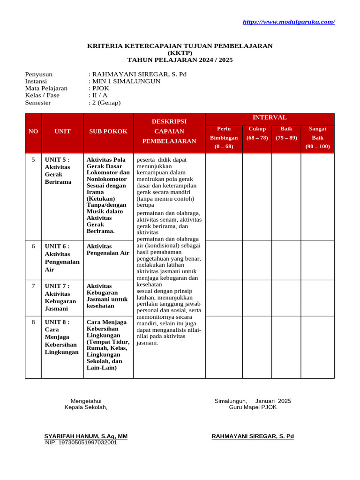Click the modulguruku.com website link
[x=289, y=22]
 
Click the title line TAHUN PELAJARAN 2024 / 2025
[x=180, y=60]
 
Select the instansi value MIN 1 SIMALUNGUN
[x=126, y=81]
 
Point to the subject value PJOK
[x=99, y=88]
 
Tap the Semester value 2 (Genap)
[x=105, y=103]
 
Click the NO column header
[x=33, y=132]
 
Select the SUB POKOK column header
[x=108, y=132]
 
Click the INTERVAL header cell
[x=270, y=118]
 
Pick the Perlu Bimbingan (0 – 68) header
[x=224, y=138]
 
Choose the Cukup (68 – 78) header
[x=257, y=133]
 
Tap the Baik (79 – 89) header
[x=286, y=133]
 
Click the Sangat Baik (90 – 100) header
[x=317, y=138]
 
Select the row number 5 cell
[x=33, y=160]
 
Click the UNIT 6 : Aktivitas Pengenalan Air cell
[x=62, y=258]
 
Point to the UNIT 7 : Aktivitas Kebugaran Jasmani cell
[x=62, y=297]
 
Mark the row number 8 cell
[x=33, y=322]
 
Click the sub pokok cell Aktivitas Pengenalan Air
[x=108, y=249]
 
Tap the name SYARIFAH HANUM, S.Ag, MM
[x=86, y=436]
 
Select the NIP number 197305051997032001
[x=81, y=442]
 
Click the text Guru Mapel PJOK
[x=253, y=407]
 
